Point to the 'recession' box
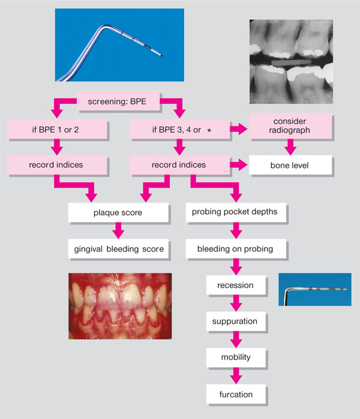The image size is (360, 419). pos(235,285)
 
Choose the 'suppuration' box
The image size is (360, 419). pos(235,321)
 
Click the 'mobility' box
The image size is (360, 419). pos(235,358)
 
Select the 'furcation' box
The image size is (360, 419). pos(235,394)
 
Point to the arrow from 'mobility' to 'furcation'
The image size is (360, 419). pos(235,376)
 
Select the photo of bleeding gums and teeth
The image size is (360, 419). pos(120,308)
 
